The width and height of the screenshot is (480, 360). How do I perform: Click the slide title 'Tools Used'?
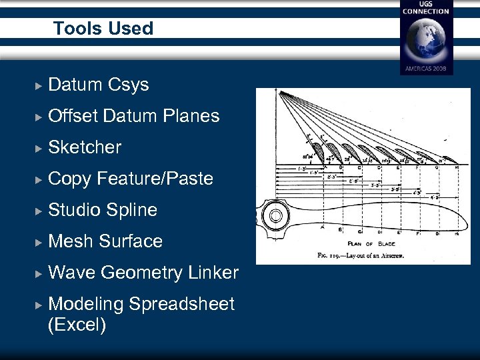pyautogui.click(x=103, y=29)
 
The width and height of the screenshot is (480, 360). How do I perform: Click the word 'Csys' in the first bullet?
pyautogui.click(x=126, y=85)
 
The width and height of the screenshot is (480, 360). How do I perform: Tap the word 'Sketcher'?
pyautogui.click(x=85, y=147)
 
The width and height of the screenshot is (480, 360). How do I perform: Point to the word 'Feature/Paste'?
pyautogui.click(x=155, y=179)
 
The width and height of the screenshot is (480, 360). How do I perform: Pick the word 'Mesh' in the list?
pyautogui.click(x=71, y=241)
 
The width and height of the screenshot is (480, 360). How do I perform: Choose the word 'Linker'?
pyautogui.click(x=213, y=273)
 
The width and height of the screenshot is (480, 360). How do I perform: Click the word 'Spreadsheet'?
pyautogui.click(x=181, y=304)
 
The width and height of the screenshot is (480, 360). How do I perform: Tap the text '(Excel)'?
pyautogui.click(x=77, y=326)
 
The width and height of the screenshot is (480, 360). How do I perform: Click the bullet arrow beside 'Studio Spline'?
pyautogui.click(x=39, y=211)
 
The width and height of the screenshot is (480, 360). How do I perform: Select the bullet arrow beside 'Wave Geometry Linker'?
pyautogui.click(x=39, y=273)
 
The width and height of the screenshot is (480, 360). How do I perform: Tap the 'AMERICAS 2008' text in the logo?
pyautogui.click(x=426, y=69)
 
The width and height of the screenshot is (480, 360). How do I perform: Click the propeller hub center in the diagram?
pyautogui.click(x=273, y=216)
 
